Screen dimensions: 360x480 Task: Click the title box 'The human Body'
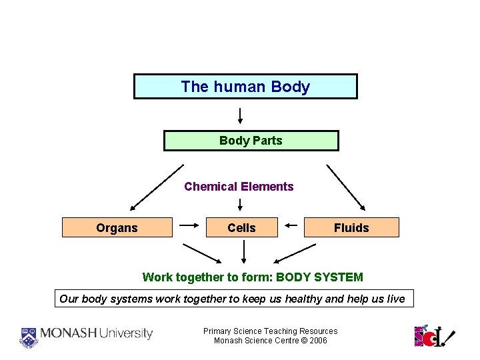pyautogui.click(x=245, y=87)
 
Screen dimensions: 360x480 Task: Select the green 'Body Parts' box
pyautogui.click(x=251, y=141)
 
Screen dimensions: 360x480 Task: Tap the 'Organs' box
pyautogui.click(x=117, y=228)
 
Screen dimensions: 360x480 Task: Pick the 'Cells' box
pyautogui.click(x=241, y=228)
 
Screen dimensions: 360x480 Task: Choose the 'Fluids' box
pyautogui.click(x=351, y=228)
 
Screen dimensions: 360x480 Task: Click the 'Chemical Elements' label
pyautogui.click(x=239, y=187)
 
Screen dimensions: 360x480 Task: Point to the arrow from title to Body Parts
pyautogui.click(x=240, y=115)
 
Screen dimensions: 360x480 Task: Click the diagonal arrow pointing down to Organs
pyautogui.click(x=156, y=187)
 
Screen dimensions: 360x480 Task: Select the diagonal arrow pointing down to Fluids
pyautogui.click(x=345, y=187)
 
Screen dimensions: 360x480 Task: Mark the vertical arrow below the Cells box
pyautogui.click(x=244, y=252)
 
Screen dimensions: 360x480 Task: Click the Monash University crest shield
pyautogui.click(x=29, y=337)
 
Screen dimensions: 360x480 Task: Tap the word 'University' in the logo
pyautogui.click(x=127, y=333)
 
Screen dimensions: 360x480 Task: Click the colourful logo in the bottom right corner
pyautogui.click(x=433, y=335)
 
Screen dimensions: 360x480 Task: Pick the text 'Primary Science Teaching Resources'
pyautogui.click(x=270, y=331)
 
